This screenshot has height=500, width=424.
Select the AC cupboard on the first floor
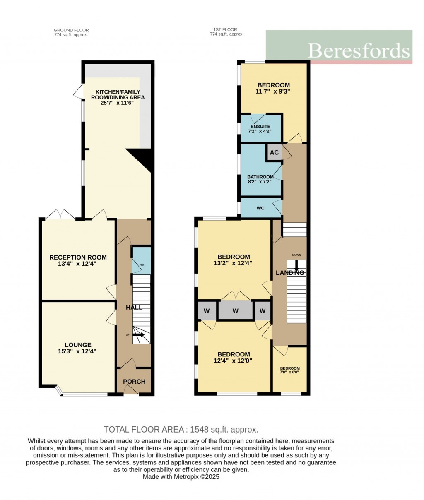(x=274, y=152)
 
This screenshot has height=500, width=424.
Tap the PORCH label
(x=134, y=381)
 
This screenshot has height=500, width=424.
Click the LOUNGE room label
(x=78, y=345)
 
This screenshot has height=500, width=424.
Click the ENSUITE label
(x=261, y=127)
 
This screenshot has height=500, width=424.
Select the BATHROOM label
(x=260, y=177)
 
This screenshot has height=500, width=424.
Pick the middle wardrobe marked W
(x=235, y=310)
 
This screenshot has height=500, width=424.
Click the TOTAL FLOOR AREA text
(x=181, y=429)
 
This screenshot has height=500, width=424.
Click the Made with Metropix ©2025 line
(x=181, y=477)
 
